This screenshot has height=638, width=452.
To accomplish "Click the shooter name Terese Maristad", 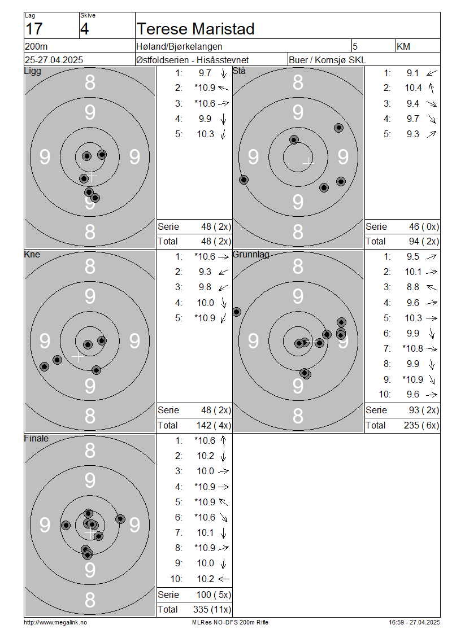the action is tap(195, 29).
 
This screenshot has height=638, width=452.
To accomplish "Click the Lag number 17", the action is tap(34, 29).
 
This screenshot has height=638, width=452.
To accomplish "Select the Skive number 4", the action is tap(84, 29).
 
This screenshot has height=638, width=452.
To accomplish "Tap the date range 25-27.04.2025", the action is tap(54, 60).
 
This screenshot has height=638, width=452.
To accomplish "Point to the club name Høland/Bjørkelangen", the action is tap(179, 47).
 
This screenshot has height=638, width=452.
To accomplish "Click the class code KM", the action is tap(403, 46).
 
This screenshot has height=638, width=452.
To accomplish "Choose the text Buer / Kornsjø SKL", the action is tap(327, 60).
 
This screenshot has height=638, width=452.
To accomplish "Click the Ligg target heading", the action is tap(33, 71).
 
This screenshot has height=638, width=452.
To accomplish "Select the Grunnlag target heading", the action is tap(251, 254).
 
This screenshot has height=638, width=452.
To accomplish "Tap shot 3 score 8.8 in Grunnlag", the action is tap(412, 287).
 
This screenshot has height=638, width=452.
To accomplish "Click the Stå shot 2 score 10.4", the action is tap(414, 88).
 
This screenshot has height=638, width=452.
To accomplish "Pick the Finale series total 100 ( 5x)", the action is tap(214, 595).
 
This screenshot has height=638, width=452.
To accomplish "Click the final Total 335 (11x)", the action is tap(212, 610).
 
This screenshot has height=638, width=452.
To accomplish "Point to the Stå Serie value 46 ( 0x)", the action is tap(424, 226).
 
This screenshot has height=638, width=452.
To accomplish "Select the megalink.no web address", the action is tap(55, 622).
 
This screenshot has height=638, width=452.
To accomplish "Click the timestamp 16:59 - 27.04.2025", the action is tap(414, 622).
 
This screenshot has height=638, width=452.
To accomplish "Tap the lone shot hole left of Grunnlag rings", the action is tap(237, 312).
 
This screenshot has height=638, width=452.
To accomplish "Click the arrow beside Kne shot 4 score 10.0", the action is tap(224, 303).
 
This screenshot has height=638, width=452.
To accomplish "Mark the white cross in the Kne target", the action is tap(77, 356).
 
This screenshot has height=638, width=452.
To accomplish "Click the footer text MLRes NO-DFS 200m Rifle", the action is tap(230, 622).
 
